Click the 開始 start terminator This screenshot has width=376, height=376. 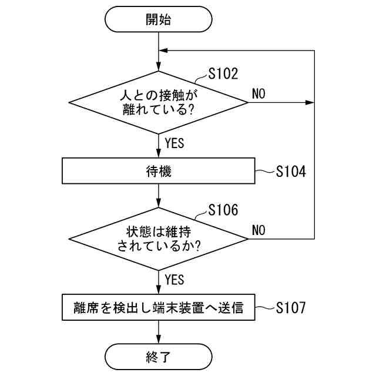click(159, 19)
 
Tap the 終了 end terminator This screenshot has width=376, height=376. click(159, 357)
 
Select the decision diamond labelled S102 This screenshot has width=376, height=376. click(159, 102)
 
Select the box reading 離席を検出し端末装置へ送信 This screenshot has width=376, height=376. click(159, 307)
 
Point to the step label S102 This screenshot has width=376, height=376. click(223, 74)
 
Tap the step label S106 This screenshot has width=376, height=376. click(223, 210)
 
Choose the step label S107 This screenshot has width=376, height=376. click(291, 307)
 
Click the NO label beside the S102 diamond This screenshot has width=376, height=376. click(259, 93)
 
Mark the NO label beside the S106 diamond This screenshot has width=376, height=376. click(259, 230)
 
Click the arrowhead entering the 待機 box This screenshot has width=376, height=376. click(159, 155)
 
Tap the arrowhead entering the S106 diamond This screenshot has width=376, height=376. click(159, 203)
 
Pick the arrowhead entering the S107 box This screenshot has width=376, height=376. click(159, 291)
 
